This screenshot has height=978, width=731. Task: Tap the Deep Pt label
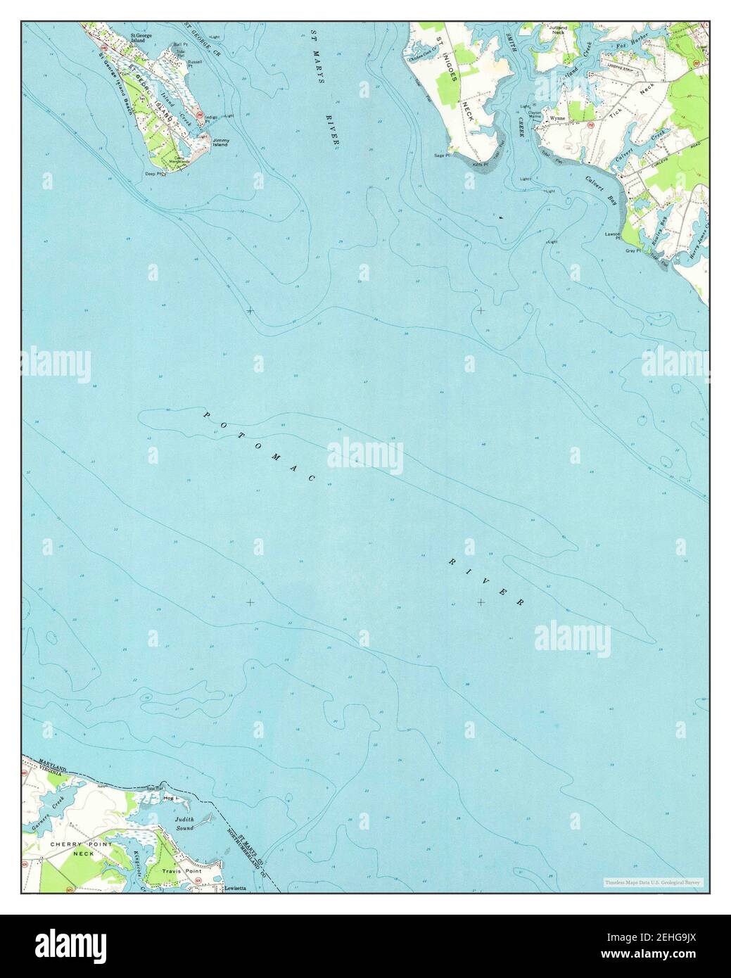[153, 172]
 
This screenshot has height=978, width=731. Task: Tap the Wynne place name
[558, 118]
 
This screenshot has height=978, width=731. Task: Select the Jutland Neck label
[559, 30]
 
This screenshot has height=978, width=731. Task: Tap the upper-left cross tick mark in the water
[250, 310]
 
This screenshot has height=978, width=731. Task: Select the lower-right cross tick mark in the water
[481, 602]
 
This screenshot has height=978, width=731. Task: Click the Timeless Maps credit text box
[655, 882]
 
